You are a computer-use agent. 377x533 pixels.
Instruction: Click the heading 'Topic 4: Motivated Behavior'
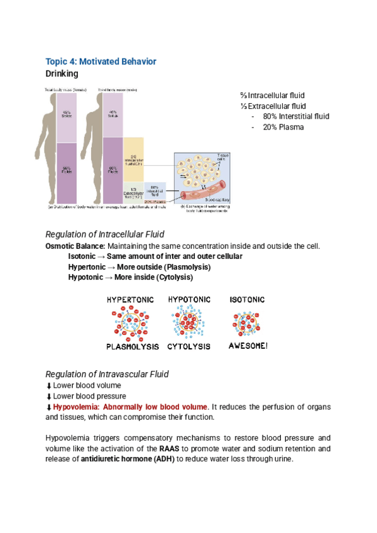[x=101, y=61]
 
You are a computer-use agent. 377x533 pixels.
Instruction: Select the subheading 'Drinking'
[x=62, y=74]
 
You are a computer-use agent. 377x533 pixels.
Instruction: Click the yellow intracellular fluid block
[x=133, y=160]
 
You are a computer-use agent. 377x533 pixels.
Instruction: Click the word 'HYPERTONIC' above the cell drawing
[x=131, y=300]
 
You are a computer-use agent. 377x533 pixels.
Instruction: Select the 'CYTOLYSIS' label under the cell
[x=188, y=346]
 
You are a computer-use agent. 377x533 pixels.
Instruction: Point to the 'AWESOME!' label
[x=248, y=346]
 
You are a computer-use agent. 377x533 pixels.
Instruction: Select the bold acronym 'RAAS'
[x=168, y=449]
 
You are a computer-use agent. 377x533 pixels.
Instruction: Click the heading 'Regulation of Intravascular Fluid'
[x=107, y=374]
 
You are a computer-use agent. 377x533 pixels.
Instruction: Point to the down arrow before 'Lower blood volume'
[x=48, y=385]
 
